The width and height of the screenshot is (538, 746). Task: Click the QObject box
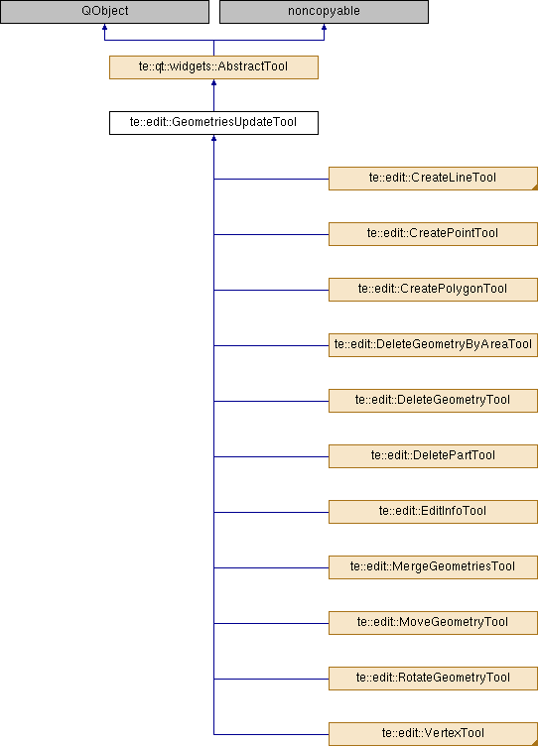(x=105, y=12)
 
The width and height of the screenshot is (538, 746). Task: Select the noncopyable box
(x=324, y=12)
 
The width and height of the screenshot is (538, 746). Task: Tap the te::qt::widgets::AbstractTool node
(x=213, y=67)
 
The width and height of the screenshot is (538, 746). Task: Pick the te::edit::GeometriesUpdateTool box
(x=213, y=123)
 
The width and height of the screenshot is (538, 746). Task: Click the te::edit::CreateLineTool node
(x=433, y=179)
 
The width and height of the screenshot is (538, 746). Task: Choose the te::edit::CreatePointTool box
(x=433, y=234)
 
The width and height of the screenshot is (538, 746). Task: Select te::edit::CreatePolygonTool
(x=433, y=290)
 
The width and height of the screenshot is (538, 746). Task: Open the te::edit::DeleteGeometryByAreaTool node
(x=433, y=345)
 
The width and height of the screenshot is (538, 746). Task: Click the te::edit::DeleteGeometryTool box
(x=433, y=401)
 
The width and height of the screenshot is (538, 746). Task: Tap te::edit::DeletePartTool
(x=433, y=456)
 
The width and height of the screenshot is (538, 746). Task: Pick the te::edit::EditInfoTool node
(x=433, y=512)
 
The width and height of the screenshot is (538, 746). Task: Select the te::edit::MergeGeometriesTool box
(x=433, y=567)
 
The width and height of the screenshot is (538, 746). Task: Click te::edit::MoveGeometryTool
(x=433, y=623)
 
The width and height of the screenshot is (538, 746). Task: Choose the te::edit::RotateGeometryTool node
(x=433, y=679)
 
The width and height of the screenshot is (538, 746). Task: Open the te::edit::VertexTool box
(x=433, y=734)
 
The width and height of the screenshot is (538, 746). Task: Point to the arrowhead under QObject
(x=105, y=27)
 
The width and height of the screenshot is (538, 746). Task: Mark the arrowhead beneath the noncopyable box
(x=324, y=27)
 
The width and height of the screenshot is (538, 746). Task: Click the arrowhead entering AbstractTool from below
(x=213, y=82)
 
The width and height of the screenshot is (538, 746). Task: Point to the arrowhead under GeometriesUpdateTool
(x=213, y=138)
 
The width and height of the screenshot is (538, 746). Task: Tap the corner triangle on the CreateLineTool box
(x=535, y=187)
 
